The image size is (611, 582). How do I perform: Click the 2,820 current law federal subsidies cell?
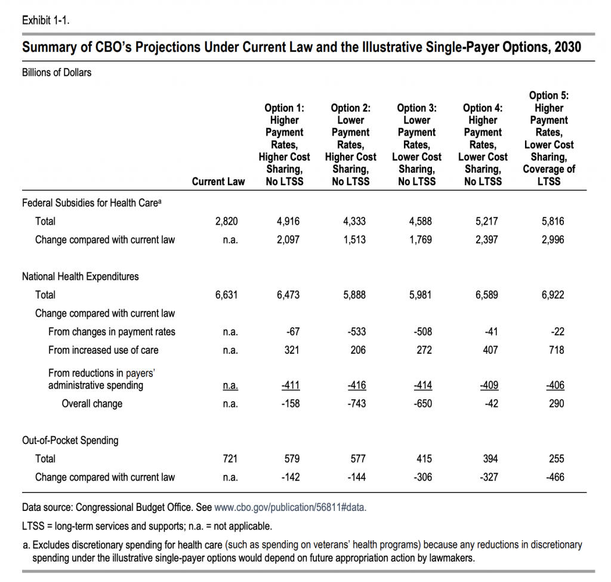point(226,221)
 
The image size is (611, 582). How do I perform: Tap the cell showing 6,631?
point(226,295)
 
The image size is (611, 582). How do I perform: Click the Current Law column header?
point(218,182)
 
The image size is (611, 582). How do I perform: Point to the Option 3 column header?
point(416,144)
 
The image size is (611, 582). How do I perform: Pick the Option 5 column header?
point(548,137)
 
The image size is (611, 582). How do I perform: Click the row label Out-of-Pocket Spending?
point(70,440)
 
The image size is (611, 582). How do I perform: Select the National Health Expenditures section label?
point(81,277)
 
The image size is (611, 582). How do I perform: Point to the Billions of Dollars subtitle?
point(57,73)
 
